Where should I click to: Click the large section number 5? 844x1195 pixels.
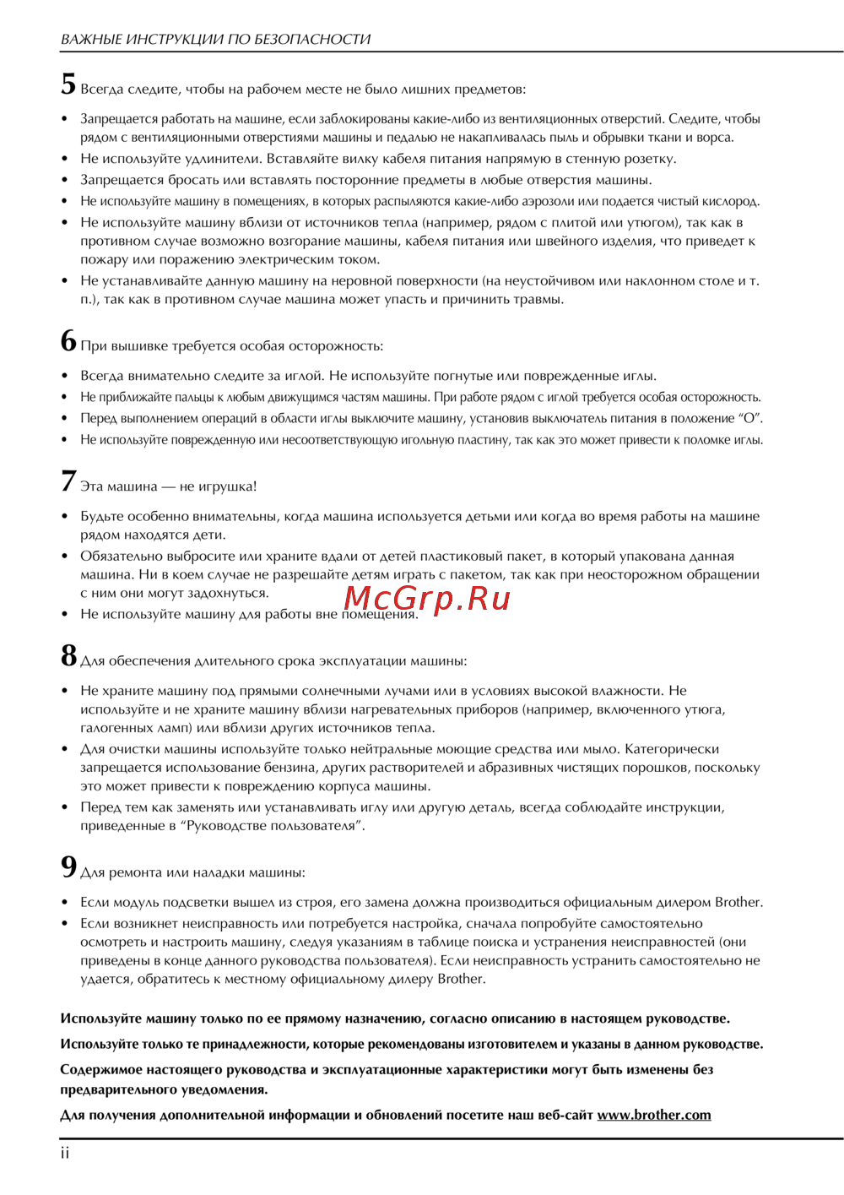pyautogui.click(x=68, y=84)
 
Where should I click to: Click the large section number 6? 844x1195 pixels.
pyautogui.click(x=68, y=341)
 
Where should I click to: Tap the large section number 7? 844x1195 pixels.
pyautogui.click(x=68, y=481)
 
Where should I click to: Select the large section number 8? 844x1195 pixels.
pyautogui.click(x=68, y=656)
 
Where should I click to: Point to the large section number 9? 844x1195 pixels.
pyautogui.click(x=68, y=867)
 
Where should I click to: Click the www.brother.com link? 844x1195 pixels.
pyautogui.click(x=654, y=1115)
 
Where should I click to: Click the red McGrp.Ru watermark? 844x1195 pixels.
pyautogui.click(x=427, y=598)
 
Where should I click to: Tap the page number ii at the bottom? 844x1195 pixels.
pyautogui.click(x=65, y=1154)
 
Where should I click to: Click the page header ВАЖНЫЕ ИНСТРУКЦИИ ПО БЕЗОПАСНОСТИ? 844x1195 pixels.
pyautogui.click(x=215, y=39)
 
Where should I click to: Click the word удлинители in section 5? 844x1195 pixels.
pyautogui.click(x=222, y=159)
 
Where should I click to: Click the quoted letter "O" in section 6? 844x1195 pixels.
pyautogui.click(x=750, y=418)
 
